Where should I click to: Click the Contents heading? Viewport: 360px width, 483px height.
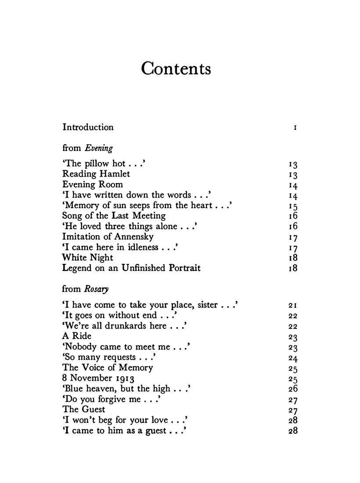[176, 69]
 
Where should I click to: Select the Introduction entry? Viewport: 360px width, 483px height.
[88, 127]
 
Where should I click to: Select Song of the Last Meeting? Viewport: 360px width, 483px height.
[114, 216]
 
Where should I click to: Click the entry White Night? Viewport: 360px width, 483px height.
[88, 258]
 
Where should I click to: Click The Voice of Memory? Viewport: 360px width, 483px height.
[108, 368]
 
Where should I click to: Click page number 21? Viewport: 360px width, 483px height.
[293, 305]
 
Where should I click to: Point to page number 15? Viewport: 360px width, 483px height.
[293, 206]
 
